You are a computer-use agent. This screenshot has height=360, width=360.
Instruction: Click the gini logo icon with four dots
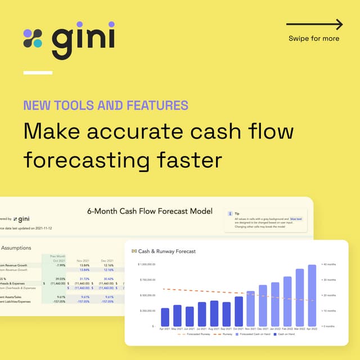(33, 38)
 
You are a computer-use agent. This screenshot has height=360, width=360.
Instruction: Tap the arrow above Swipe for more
(314, 24)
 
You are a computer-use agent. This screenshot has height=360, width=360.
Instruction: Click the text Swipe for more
(314, 39)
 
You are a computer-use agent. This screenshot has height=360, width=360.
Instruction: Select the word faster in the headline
(186, 160)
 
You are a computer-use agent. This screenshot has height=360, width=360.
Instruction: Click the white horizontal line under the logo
(38, 73)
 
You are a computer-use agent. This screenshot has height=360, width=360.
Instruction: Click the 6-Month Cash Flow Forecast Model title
(150, 211)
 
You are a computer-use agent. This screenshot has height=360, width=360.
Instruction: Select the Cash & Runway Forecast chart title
(167, 251)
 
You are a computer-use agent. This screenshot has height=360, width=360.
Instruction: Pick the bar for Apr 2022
(312, 295)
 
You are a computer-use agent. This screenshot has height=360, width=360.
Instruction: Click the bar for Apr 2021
(165, 317)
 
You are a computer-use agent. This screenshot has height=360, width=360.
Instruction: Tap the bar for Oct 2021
(238, 311)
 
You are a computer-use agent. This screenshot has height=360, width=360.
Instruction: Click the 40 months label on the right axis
(329, 264)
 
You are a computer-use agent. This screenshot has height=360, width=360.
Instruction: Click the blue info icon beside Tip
(229, 214)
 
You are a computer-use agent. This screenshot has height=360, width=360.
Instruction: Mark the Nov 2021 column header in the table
(82, 260)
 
